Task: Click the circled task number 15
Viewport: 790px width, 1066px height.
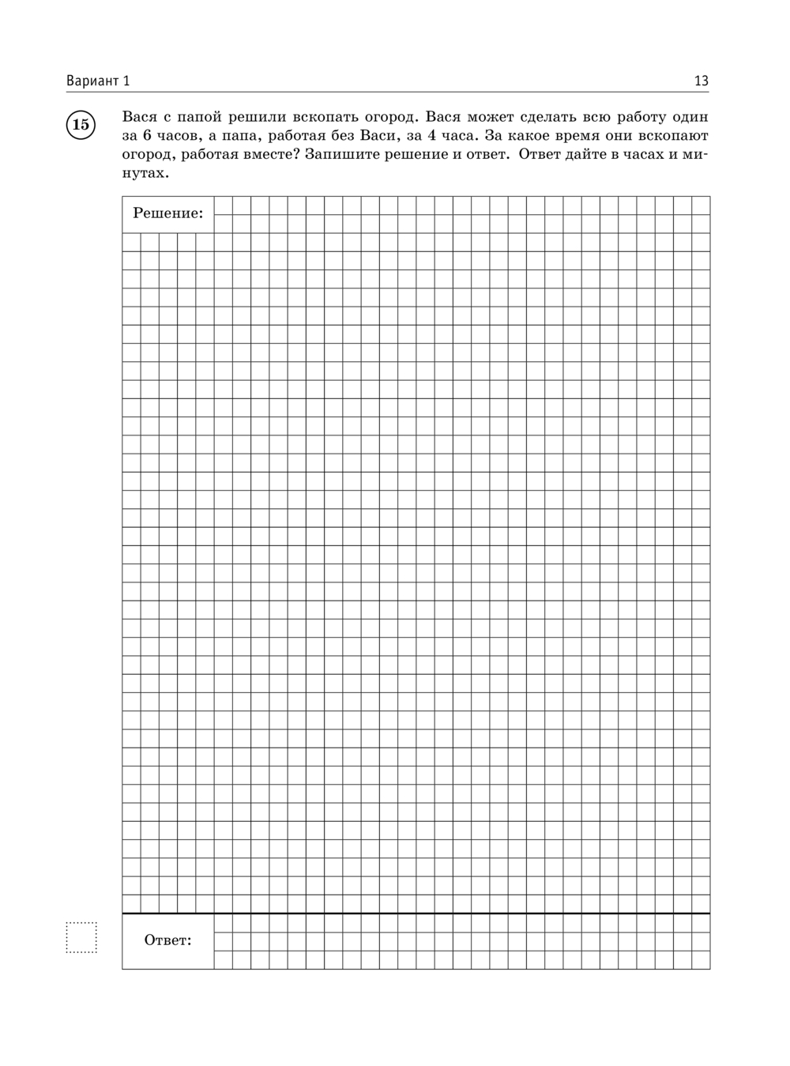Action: [x=81, y=124]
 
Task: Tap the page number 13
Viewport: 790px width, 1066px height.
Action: [x=701, y=81]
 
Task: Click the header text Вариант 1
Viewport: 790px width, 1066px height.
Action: [x=98, y=81]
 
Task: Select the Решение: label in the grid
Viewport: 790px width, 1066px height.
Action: [x=167, y=213]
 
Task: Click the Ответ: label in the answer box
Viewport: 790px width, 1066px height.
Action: [x=167, y=940]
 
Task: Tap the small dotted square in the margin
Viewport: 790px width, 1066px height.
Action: [x=81, y=937]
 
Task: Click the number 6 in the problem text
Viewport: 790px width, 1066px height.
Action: [x=147, y=135]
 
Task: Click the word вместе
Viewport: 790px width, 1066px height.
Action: [x=264, y=154]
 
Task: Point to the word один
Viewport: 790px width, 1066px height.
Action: [x=691, y=117]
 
